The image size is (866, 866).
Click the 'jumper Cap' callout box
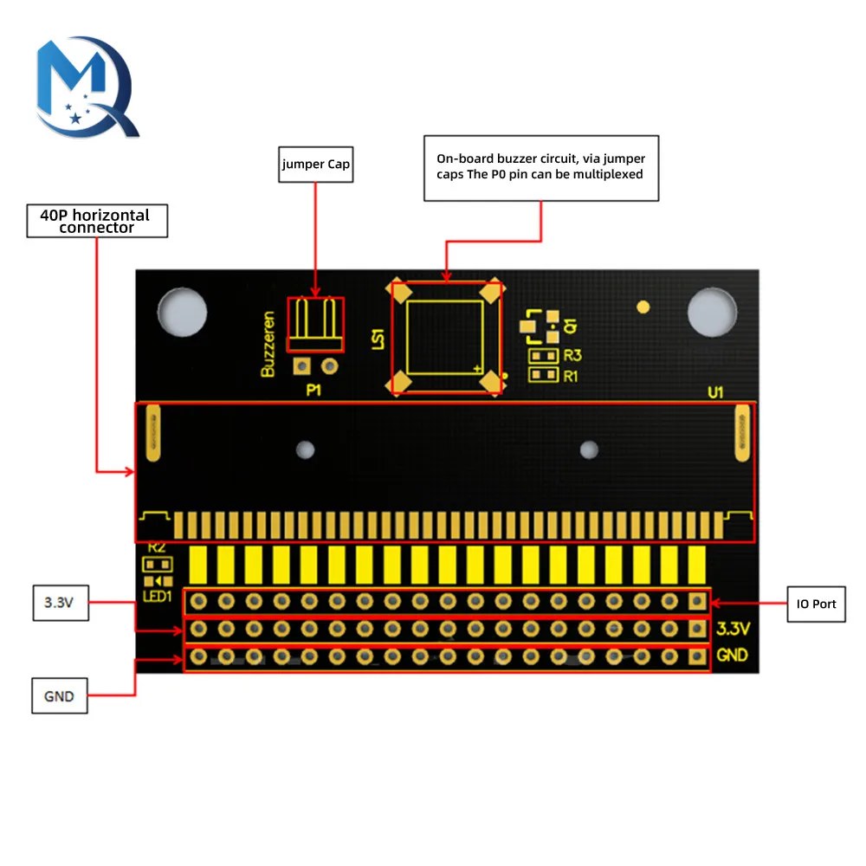click(316, 165)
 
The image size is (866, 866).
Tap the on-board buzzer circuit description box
click(541, 167)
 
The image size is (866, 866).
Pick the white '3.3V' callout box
click(60, 603)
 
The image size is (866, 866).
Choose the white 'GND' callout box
click(60, 695)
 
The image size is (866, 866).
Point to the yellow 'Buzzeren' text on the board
click(268, 344)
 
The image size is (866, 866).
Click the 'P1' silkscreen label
click(313, 391)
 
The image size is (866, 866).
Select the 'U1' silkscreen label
click(715, 392)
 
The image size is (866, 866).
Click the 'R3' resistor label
click(572, 356)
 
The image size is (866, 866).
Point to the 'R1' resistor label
click(572, 376)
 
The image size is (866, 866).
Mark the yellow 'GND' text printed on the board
click(733, 656)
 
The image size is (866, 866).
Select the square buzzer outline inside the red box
click(445, 338)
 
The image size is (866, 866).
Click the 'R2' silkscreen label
click(157, 547)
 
